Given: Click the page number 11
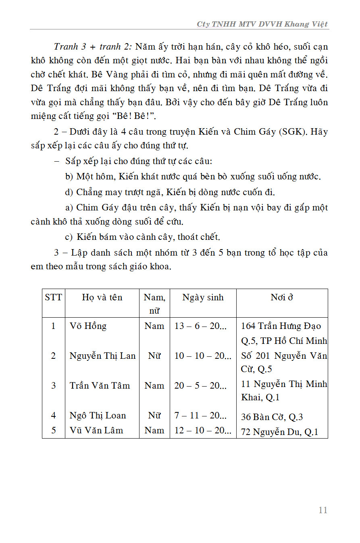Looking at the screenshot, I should click(323, 510).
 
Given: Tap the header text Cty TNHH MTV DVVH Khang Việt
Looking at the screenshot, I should click(262, 24).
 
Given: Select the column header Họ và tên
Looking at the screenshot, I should click(102, 298).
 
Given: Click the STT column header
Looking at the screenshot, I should click(54, 298).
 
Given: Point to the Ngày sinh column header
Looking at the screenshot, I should click(203, 298).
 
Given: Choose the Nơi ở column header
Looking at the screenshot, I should click(281, 298).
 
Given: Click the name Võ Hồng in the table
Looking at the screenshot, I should click(88, 326).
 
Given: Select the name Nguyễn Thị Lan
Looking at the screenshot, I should click(102, 356).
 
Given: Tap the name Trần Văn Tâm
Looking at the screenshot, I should click(100, 385).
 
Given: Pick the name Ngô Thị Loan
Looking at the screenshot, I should click(98, 415).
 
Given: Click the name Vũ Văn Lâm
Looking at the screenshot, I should click(96, 430).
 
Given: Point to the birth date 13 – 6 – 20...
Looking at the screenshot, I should click(200, 326).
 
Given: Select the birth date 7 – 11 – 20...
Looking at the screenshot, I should click(200, 415).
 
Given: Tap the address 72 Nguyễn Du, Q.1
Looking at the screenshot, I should click(279, 432).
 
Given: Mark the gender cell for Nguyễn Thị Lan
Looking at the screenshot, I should click(154, 356).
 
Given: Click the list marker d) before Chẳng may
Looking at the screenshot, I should click(69, 192).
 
